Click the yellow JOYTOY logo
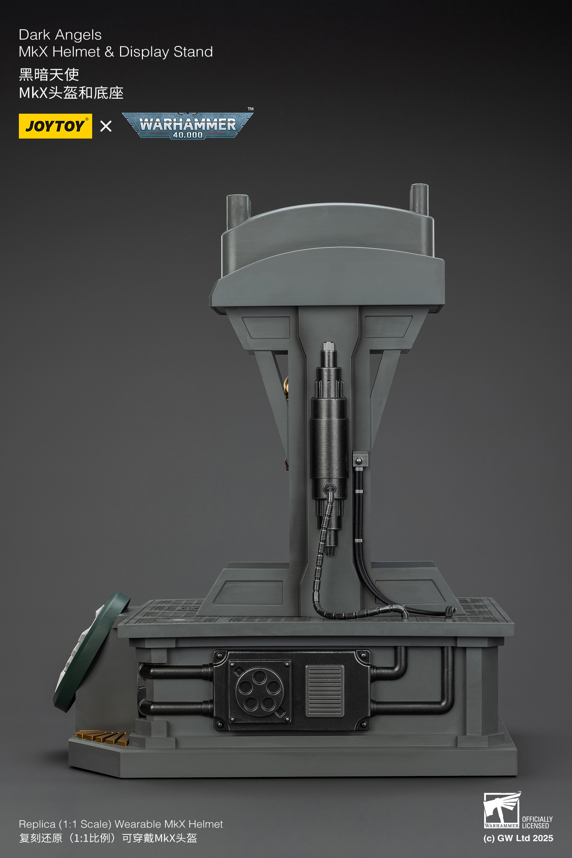pyautogui.click(x=55, y=126)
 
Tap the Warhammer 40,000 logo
pyautogui.click(x=187, y=125)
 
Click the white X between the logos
pyautogui.click(x=105, y=126)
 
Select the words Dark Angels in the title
pyautogui.click(x=60, y=35)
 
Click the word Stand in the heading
pyautogui.click(x=193, y=52)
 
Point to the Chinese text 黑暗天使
pyautogui.click(x=49, y=75)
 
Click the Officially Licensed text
pyautogui.click(x=537, y=822)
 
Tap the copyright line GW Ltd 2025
pyautogui.click(x=518, y=838)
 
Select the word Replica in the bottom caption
pyautogui.click(x=37, y=824)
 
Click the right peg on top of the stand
pyautogui.click(x=419, y=198)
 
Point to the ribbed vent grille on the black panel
pyautogui.click(x=325, y=691)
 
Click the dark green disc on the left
pyautogui.click(x=91, y=652)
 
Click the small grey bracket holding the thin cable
pyautogui.click(x=360, y=459)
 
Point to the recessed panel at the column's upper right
pyautogui.click(x=388, y=327)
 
